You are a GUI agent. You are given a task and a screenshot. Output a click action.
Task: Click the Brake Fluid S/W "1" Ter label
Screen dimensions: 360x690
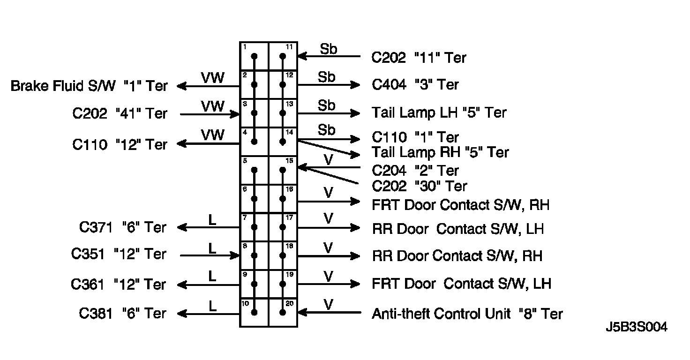[x=89, y=86]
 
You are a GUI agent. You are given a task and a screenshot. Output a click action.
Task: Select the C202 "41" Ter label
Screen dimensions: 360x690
[x=120, y=114]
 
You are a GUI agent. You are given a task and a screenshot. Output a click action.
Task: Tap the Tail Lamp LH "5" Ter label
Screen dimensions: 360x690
[x=439, y=112]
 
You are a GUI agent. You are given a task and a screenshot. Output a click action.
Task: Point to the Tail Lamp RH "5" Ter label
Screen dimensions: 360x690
[x=440, y=152]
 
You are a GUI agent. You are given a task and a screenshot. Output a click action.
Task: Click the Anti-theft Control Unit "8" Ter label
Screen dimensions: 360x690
[x=467, y=314]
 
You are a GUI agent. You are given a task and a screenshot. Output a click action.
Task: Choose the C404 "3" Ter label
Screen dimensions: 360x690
[x=415, y=85]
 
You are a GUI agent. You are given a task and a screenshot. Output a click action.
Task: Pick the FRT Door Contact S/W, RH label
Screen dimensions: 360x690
[x=460, y=205]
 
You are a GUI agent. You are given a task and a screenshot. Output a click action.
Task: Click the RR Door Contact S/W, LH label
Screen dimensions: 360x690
[x=457, y=229]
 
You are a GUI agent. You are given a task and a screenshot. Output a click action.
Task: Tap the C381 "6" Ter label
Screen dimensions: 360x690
[x=122, y=314]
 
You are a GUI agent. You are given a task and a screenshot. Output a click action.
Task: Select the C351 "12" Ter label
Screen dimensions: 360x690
[x=119, y=254]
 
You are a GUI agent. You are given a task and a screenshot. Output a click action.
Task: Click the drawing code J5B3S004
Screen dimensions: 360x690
[x=637, y=327]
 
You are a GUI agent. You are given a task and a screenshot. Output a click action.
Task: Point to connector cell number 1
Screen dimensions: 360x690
[x=254, y=56]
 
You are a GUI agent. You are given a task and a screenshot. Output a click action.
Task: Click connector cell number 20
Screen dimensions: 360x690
[x=283, y=313]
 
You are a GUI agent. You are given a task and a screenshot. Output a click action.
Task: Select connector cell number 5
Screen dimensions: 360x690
[x=254, y=170]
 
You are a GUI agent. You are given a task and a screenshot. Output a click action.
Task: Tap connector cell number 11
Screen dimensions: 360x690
[x=283, y=56]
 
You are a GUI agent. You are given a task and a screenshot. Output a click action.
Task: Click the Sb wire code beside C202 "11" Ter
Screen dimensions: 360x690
[x=328, y=49]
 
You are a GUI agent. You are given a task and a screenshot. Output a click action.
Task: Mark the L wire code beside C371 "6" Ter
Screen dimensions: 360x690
[x=212, y=220]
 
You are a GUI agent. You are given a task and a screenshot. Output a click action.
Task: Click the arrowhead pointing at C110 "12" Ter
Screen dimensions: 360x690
[x=181, y=144]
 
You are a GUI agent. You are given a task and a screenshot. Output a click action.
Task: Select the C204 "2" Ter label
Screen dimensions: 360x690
[x=415, y=170]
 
